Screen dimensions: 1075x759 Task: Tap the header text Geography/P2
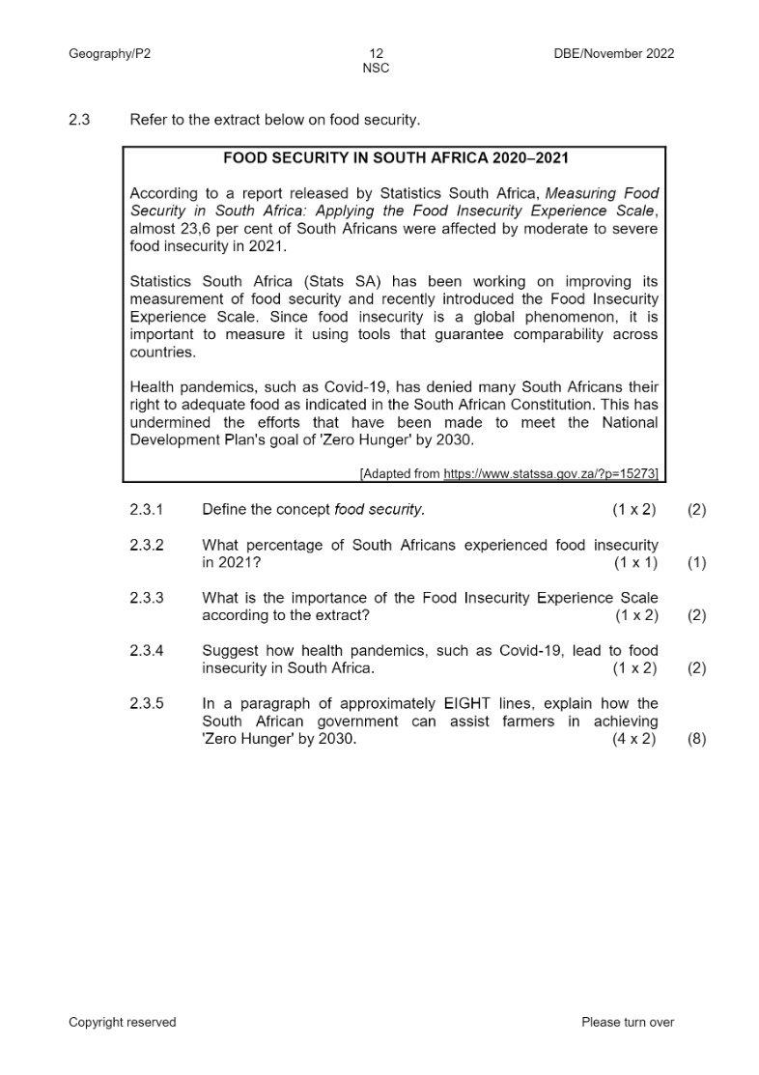click(x=109, y=54)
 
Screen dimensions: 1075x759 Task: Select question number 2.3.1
click(x=147, y=509)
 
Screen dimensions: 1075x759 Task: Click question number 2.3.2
click(x=147, y=546)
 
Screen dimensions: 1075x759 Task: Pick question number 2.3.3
click(x=147, y=598)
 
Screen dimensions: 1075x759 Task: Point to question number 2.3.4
click(x=147, y=651)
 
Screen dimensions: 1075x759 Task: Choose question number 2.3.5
click(x=147, y=703)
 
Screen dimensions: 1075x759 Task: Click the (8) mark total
click(x=696, y=740)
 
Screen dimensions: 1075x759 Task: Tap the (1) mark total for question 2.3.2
click(x=696, y=563)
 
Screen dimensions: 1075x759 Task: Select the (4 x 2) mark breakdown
click(x=634, y=740)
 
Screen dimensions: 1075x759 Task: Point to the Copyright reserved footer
click(x=123, y=1022)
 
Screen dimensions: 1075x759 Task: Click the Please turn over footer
click(x=628, y=1022)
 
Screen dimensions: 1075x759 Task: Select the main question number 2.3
click(x=79, y=121)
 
